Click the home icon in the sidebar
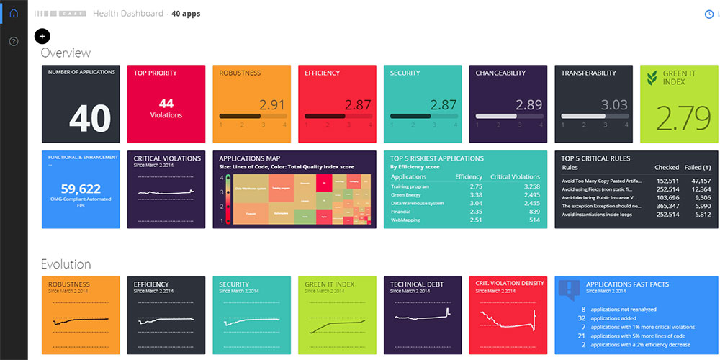coord(14,13)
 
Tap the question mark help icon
coord(14,41)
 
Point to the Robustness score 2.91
coord(272,104)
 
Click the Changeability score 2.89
coord(528,104)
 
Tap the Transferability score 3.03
coord(614,104)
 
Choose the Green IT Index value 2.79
coord(678,119)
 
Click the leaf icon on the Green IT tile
coord(652,77)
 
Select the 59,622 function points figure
coord(80,189)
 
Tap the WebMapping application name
coord(405,220)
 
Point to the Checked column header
coord(667,168)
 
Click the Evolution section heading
coord(66,264)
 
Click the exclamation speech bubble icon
coord(570,289)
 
